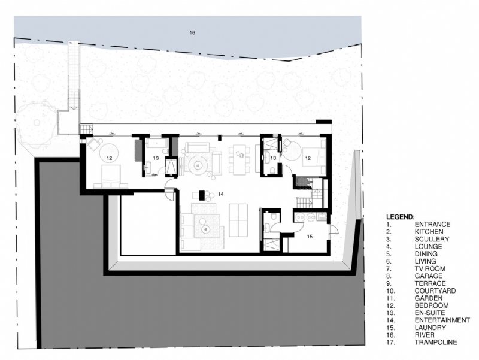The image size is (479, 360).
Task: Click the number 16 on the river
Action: pos(192,32)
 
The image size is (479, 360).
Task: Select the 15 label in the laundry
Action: pos(310,237)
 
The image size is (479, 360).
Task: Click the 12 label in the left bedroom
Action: pos(110,158)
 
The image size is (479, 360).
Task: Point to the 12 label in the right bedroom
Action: pos(307,158)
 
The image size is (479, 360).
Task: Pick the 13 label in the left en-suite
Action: pos(154,158)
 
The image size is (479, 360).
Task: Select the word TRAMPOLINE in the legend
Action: pos(435,342)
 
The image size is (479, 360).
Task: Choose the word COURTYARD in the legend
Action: pos(435,291)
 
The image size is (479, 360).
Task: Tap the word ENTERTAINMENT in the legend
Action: pos(442,320)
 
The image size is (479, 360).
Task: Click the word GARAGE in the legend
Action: pos(428,276)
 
